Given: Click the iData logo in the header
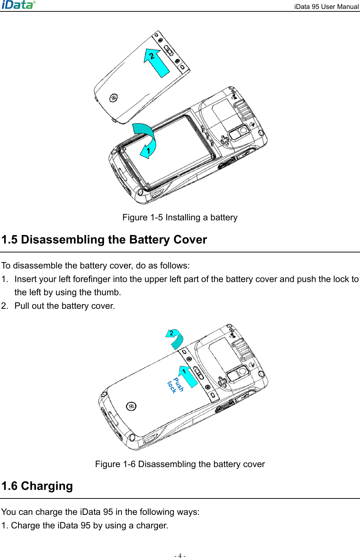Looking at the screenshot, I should point(19,5).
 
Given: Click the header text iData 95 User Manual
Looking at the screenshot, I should point(326,6).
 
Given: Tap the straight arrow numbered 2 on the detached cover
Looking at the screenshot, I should point(156,63).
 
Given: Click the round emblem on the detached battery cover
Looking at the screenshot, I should point(113,97).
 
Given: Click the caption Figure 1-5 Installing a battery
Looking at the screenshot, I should point(180,217).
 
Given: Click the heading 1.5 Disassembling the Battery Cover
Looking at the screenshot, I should point(104,240).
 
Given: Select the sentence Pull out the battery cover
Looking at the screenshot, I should point(65,306).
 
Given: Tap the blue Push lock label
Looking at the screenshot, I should point(175,385).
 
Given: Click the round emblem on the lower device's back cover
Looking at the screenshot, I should point(131,406).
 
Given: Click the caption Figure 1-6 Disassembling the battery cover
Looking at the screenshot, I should point(180,464).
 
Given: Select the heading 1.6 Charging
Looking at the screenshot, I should point(37,486).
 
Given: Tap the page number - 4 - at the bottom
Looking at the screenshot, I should point(180,555).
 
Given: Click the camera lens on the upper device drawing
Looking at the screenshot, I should point(243,130).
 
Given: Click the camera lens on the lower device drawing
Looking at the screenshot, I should point(243,371).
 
